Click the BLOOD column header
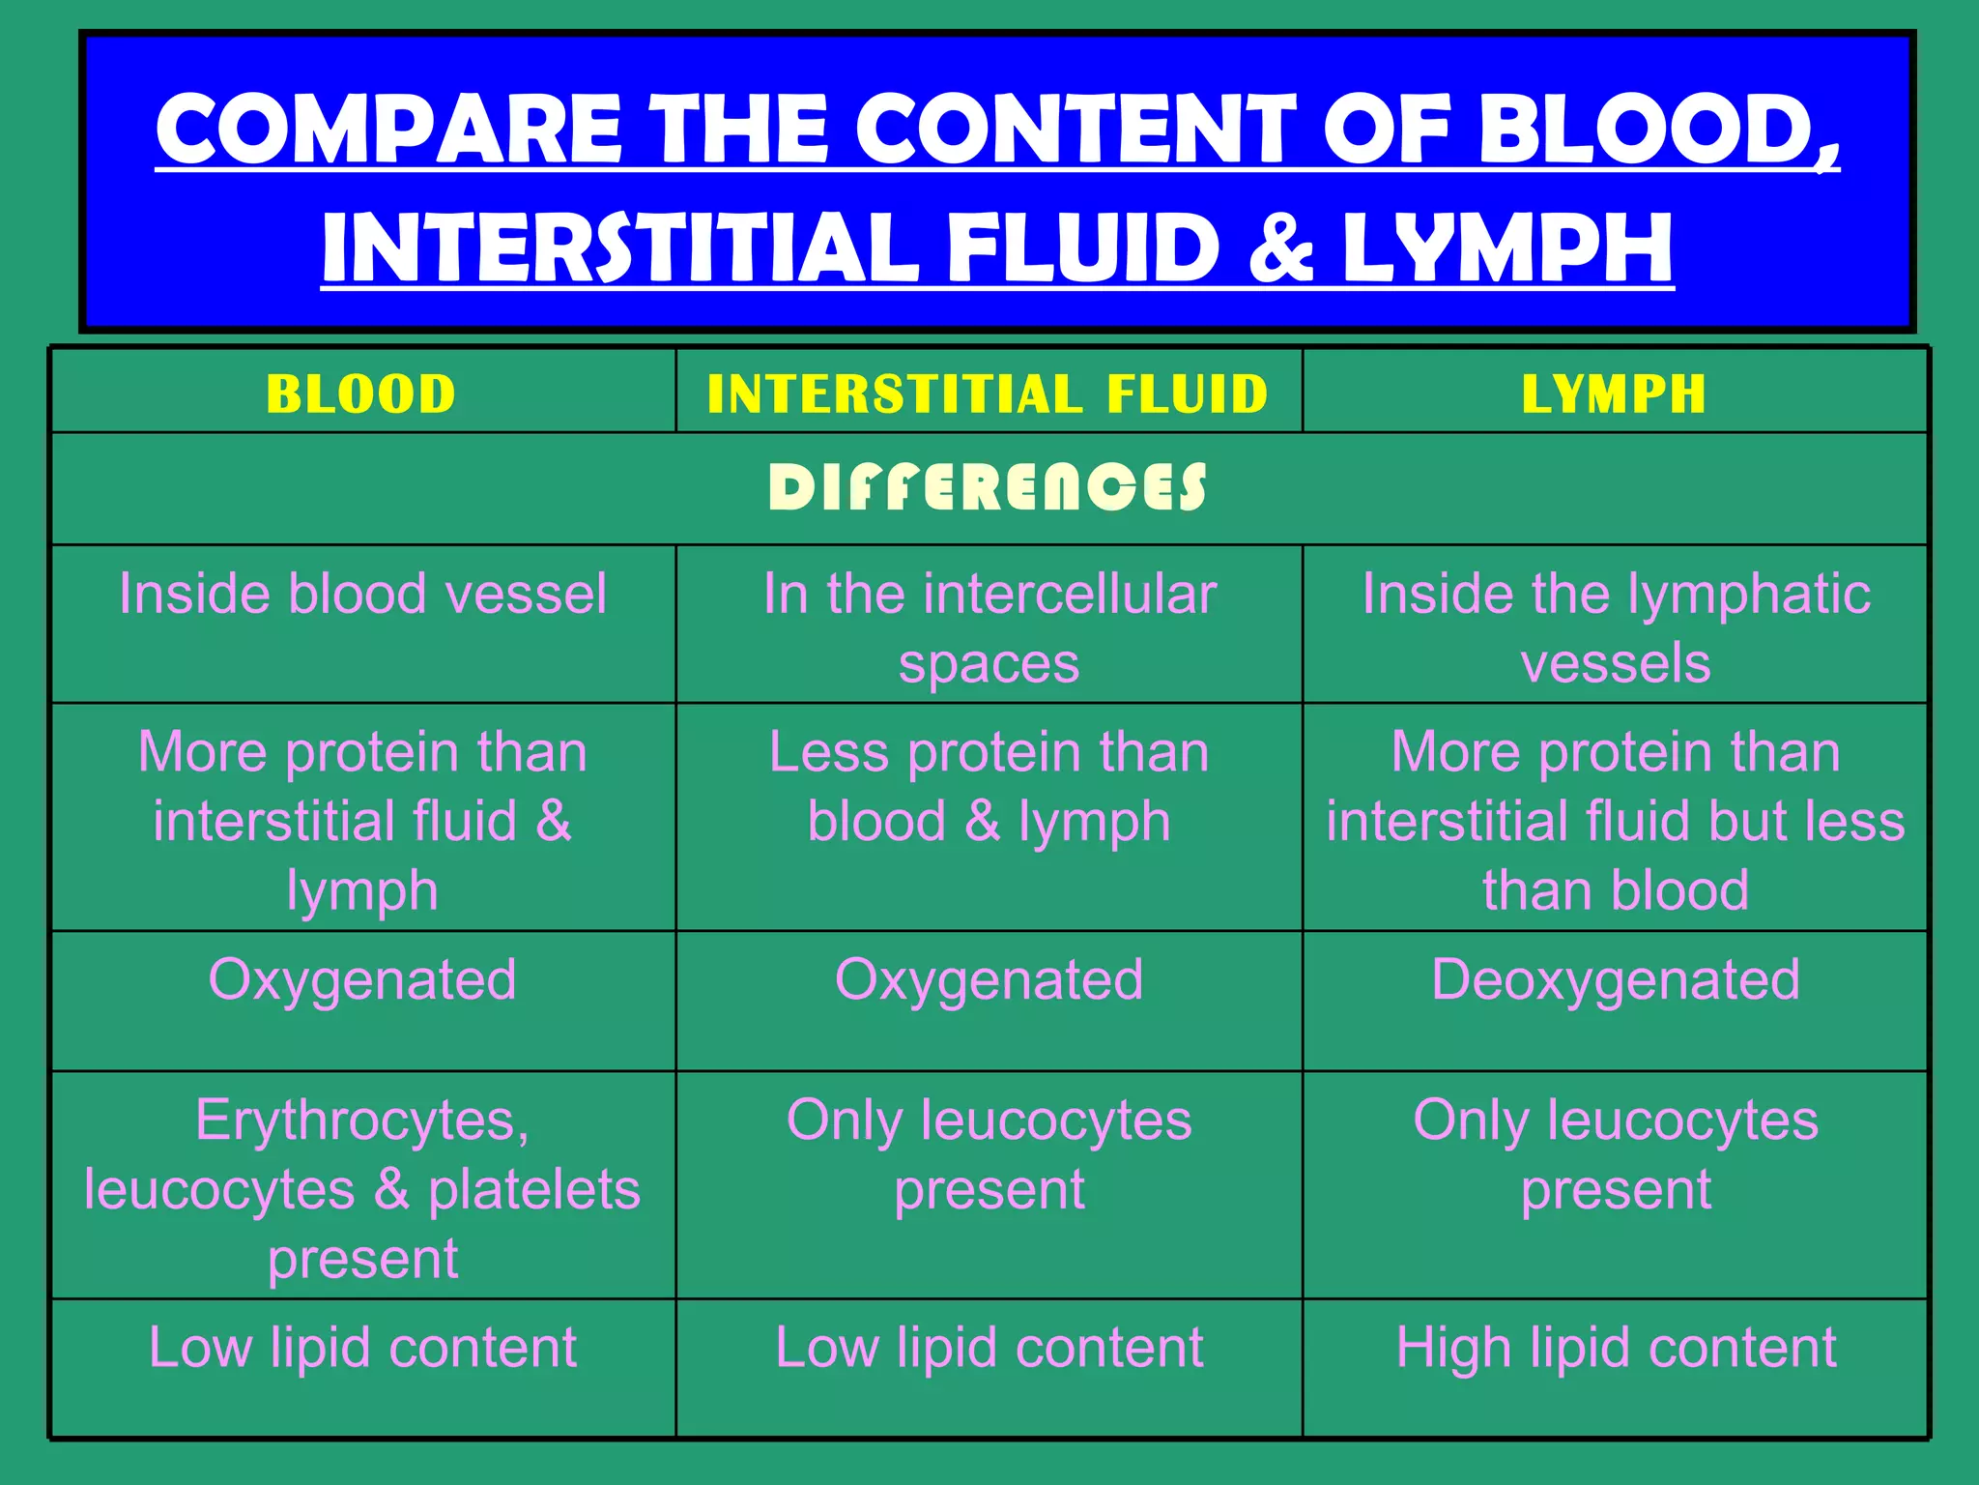(361, 393)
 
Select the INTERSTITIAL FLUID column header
(988, 393)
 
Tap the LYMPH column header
(1614, 393)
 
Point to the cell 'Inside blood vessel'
(362, 593)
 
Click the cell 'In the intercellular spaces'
(989, 627)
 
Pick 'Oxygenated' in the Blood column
(362, 979)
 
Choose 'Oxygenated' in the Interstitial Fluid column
(989, 979)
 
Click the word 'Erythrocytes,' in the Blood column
(362, 1121)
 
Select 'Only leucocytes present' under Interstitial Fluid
(989, 1154)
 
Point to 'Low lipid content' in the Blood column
(362, 1347)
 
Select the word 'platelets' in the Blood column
(533, 1189)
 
